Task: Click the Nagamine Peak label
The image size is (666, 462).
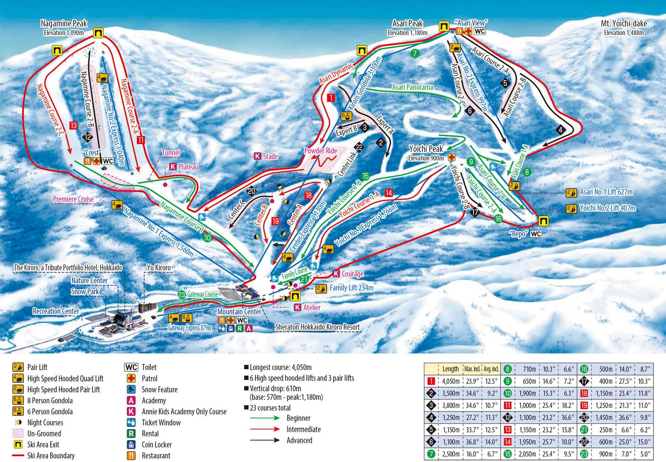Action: click(64, 24)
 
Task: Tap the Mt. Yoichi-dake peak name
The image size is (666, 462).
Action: click(623, 24)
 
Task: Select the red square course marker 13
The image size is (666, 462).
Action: click(73, 125)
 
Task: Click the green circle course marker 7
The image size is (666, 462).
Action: click(415, 53)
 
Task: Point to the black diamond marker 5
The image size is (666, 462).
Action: click(505, 83)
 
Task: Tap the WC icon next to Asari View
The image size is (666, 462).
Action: click(480, 31)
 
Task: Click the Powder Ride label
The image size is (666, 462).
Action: click(321, 151)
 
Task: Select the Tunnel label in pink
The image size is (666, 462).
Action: click(171, 153)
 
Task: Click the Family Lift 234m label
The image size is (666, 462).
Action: click(351, 288)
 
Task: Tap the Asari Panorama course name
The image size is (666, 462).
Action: click(412, 87)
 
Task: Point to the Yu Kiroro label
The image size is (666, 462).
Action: click(159, 268)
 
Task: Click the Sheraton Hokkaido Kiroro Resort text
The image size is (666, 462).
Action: click(317, 327)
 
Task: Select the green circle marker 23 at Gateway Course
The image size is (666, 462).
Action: click(182, 294)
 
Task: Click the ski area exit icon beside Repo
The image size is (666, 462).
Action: click(544, 221)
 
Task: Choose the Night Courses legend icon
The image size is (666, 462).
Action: click(18, 422)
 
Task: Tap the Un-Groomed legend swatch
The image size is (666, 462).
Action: click(18, 434)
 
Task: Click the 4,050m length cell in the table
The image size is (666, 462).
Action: click(450, 381)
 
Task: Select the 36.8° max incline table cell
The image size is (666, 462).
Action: click(472, 442)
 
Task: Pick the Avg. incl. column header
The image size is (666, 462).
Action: click(491, 369)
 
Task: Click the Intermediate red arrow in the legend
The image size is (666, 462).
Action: click(265, 429)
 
